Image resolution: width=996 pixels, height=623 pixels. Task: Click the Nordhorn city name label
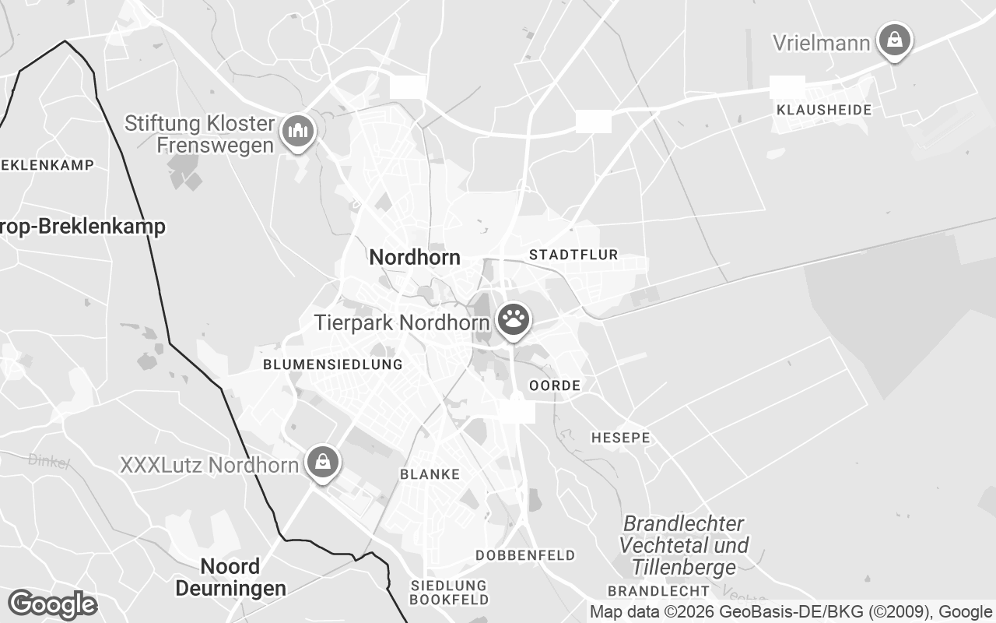coord(415,257)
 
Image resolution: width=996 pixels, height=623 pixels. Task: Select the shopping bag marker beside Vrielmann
coord(895,39)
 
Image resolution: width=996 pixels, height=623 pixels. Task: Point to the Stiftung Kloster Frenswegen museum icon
coord(296,131)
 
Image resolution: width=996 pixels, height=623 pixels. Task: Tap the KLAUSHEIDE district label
coord(824,110)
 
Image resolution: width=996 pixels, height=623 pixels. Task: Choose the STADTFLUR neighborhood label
coord(573,255)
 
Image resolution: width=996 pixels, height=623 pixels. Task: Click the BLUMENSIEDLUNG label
coord(332,364)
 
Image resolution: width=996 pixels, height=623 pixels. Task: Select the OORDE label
coord(555,385)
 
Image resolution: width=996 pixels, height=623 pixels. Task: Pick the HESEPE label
coord(620,438)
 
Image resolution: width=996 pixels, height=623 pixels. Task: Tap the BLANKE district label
coord(430,474)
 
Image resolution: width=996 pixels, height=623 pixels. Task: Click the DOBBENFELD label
coord(525,555)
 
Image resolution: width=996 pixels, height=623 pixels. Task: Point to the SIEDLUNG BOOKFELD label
coord(449,593)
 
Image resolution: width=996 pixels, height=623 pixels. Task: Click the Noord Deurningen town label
coord(230,577)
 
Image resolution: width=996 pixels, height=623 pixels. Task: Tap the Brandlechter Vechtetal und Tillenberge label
coord(684,544)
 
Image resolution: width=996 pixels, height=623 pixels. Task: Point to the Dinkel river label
coord(49,461)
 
